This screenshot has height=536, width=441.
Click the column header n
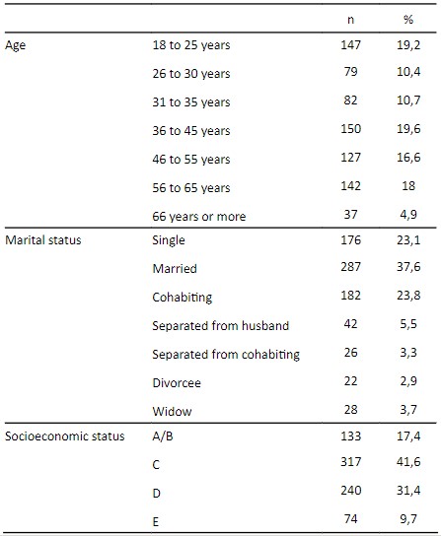tap(350, 20)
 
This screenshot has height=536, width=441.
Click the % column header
tap(408, 20)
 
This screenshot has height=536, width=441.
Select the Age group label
tap(15, 45)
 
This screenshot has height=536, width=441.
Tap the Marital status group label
tap(43, 240)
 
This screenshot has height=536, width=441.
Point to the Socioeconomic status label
tap(65, 436)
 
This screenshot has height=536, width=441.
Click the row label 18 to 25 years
tap(191, 45)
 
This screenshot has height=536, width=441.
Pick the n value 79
tap(350, 72)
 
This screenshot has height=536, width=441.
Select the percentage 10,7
tap(408, 100)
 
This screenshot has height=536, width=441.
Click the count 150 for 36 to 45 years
tap(350, 129)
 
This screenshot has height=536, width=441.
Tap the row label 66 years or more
tap(199, 217)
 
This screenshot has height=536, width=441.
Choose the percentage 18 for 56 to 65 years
tap(408, 186)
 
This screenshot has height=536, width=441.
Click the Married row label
tap(175, 269)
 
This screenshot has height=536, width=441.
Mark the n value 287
tap(350, 267)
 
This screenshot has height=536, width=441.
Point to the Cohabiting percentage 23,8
tap(408, 296)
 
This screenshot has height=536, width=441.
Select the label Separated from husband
tap(221, 326)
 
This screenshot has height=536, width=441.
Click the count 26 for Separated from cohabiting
tap(350, 353)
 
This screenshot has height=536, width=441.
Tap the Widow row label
tap(172, 411)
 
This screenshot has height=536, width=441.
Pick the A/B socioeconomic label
tap(163, 436)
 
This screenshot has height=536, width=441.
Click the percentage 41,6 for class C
tap(408, 462)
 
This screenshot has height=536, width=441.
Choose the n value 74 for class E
tap(350, 519)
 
